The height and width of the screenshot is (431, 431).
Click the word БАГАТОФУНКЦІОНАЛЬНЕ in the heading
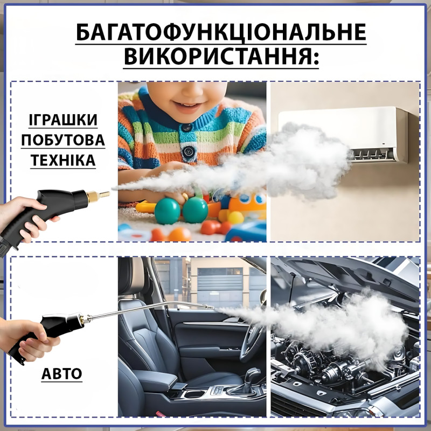[x=221, y=32]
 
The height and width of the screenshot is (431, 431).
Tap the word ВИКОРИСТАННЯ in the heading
[x=217, y=56]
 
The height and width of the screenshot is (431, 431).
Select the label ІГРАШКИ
[x=63, y=120]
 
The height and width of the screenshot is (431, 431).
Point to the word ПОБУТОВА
[x=63, y=140]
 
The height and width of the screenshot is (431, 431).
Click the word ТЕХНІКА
[x=63, y=160]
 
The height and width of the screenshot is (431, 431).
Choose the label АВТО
[x=61, y=373]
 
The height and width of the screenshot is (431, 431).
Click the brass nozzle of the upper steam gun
[x=98, y=196]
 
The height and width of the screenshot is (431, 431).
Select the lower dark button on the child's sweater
[x=188, y=151]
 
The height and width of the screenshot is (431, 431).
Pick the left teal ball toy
[x=167, y=211]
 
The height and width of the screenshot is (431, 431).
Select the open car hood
[x=349, y=277]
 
